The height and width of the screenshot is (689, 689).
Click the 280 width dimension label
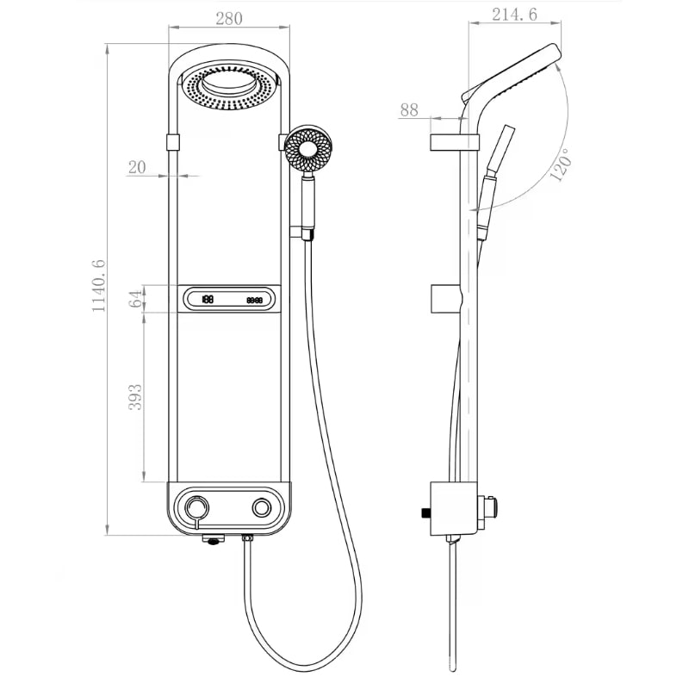pyautogui.click(x=229, y=18)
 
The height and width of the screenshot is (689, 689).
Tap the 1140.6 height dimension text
pyautogui.click(x=98, y=286)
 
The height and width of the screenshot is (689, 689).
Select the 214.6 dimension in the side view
pyautogui.click(x=514, y=15)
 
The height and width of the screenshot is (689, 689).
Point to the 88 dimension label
pyautogui.click(x=409, y=110)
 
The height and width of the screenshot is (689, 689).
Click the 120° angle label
pyautogui.click(x=562, y=164)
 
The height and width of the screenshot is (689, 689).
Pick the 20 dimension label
pyautogui.click(x=137, y=167)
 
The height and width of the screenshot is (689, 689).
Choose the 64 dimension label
pyautogui.click(x=136, y=298)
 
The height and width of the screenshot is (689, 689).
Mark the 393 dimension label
pyautogui.click(x=135, y=397)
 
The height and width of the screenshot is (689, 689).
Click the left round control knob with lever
pyautogui.click(x=196, y=510)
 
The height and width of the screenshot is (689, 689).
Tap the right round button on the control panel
pyautogui.click(x=262, y=508)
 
